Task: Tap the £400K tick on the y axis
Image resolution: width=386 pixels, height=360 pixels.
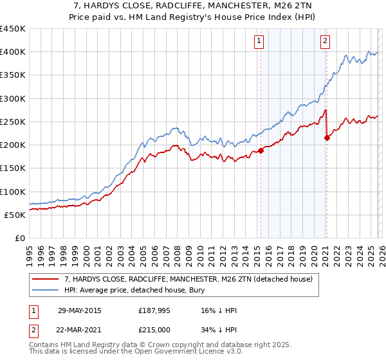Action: pos(13,52)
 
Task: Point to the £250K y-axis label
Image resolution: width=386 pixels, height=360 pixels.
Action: pos(13,122)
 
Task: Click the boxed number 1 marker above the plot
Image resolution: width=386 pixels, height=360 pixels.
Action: pos(259,41)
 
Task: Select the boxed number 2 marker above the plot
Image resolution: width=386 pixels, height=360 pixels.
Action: pos(325,41)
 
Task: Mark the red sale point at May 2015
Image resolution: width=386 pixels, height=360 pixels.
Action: pos(261,151)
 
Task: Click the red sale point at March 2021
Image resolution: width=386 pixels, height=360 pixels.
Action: pos(327,138)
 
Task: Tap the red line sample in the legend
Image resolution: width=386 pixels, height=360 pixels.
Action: pos(46,279)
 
